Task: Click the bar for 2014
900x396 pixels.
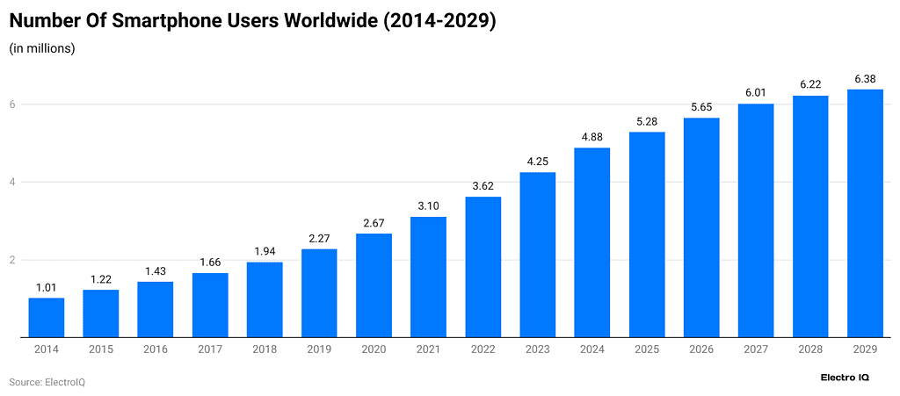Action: click(46, 317)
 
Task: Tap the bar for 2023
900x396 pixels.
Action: click(537, 255)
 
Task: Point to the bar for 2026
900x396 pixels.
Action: click(701, 227)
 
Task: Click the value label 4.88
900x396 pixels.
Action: click(592, 137)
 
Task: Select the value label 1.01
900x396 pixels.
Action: click(46, 287)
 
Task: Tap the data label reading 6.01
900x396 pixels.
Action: click(756, 93)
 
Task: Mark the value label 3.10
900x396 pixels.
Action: click(428, 205)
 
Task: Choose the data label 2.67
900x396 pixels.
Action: click(374, 223)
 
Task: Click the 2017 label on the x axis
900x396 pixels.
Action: click(210, 349)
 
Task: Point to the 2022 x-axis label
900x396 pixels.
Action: click(483, 349)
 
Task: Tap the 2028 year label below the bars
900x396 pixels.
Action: click(810, 349)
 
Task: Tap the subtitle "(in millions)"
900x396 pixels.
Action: click(42, 48)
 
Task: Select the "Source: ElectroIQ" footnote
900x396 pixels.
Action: click(47, 382)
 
